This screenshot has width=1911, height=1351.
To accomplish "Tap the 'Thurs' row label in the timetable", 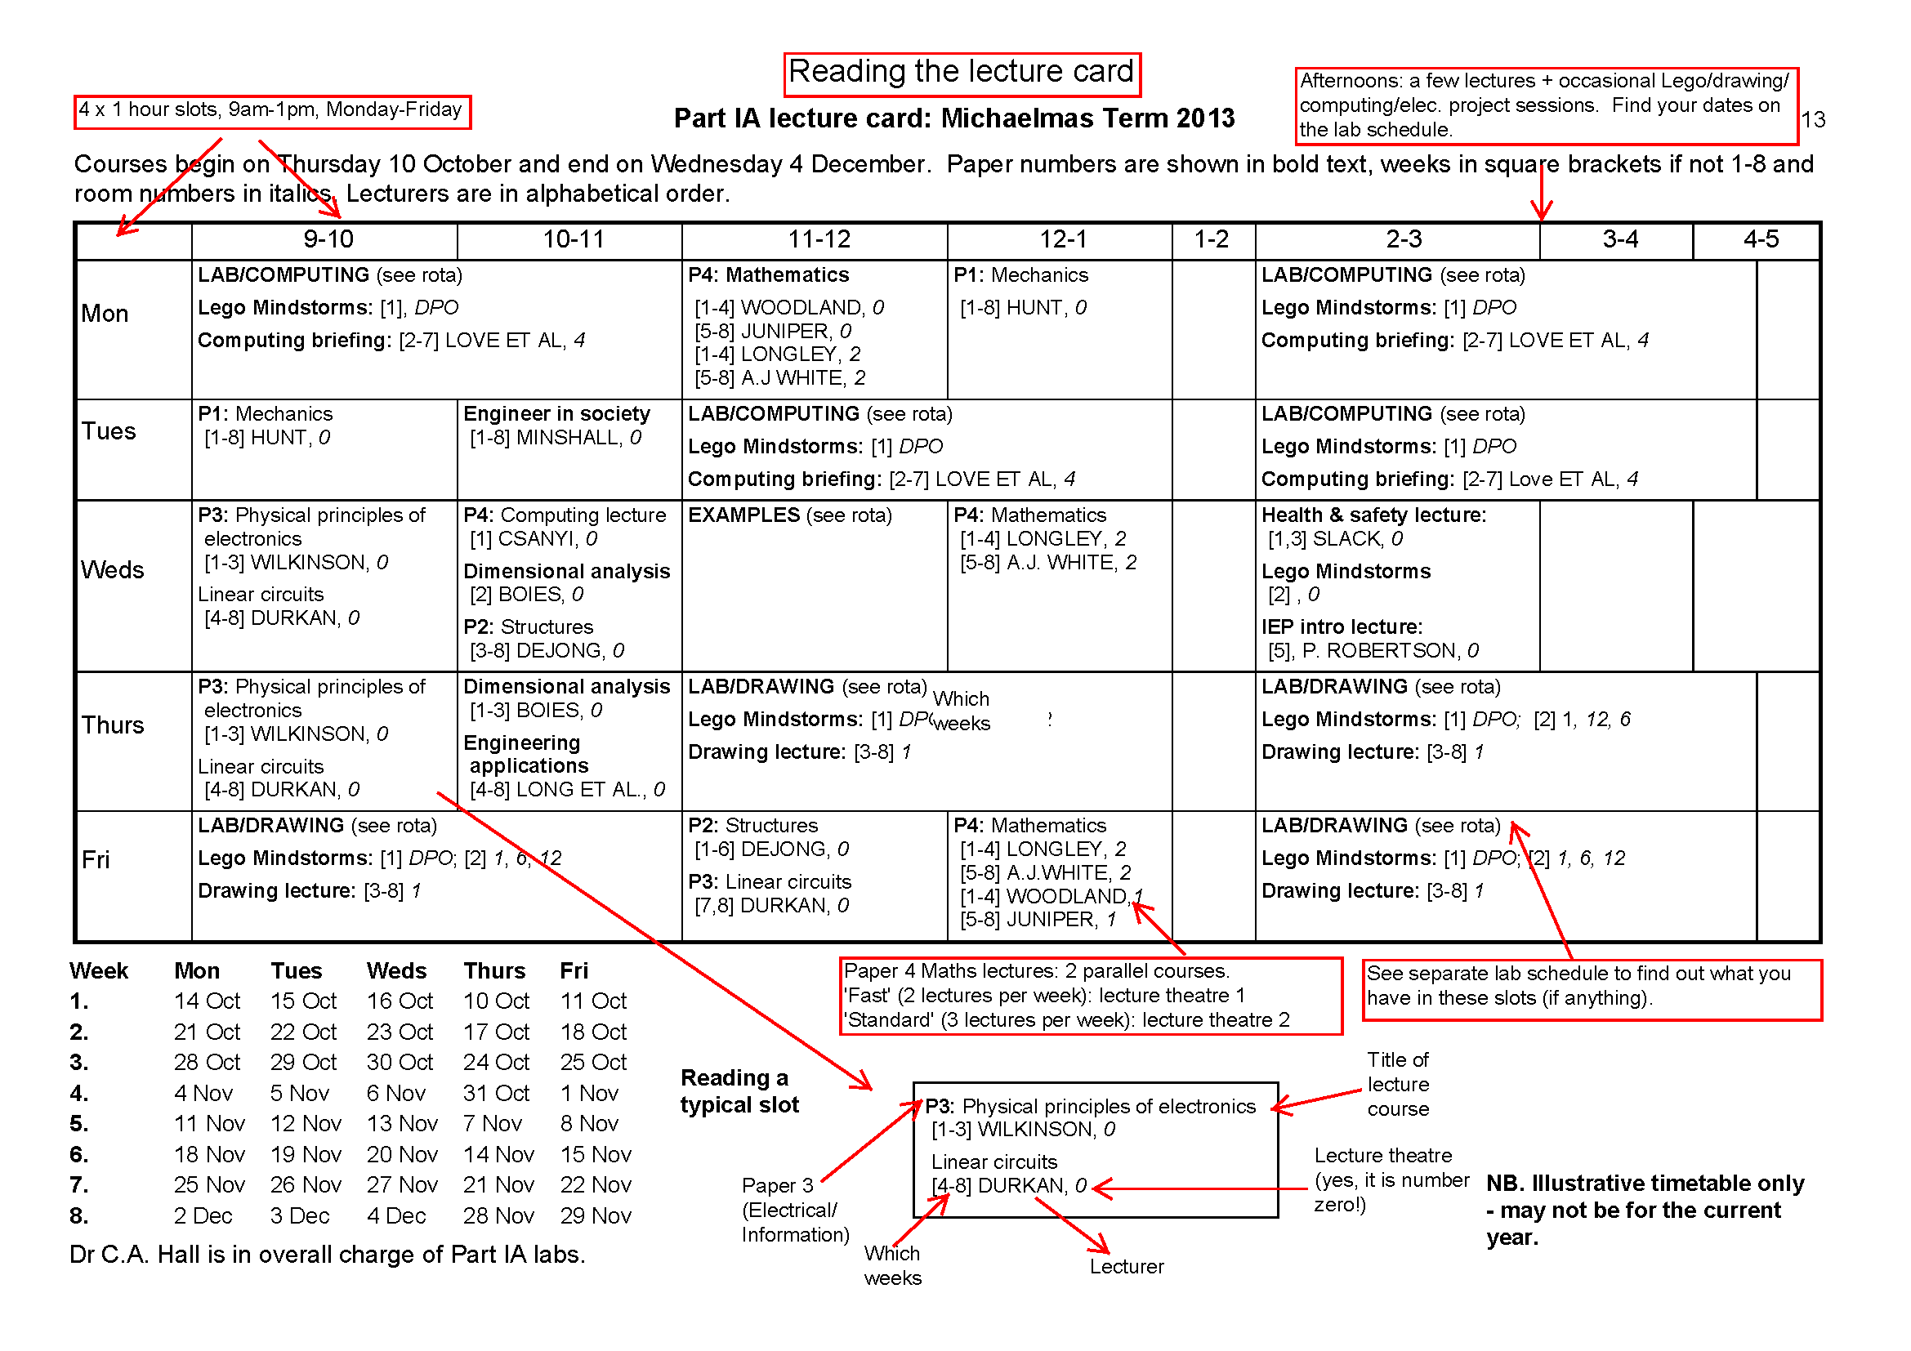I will point(113,725).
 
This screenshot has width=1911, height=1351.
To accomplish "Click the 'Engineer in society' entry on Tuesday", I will point(556,413).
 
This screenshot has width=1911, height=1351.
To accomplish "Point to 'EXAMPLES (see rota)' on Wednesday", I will point(789,515).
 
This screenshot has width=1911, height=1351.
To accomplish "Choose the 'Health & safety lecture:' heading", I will point(1373,515).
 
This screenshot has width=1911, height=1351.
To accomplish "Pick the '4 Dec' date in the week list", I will point(396,1215).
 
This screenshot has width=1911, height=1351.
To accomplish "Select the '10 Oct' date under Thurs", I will point(496,1001).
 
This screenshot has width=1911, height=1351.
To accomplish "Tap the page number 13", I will point(1813,120).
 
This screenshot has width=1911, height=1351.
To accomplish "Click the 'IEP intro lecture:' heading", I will point(1342,626).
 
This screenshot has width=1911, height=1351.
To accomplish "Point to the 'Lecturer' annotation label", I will point(1126,1266).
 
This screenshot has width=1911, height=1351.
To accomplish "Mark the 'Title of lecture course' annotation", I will point(1398,1084).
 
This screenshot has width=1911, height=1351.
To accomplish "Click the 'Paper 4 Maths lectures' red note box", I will point(1091,996).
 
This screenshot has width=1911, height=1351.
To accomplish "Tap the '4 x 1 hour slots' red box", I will point(271,110).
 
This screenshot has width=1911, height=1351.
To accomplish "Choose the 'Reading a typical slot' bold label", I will point(739,1090).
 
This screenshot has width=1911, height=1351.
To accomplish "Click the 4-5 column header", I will point(1761,239).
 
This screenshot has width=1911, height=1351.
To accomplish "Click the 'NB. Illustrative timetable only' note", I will point(1644,1209).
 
